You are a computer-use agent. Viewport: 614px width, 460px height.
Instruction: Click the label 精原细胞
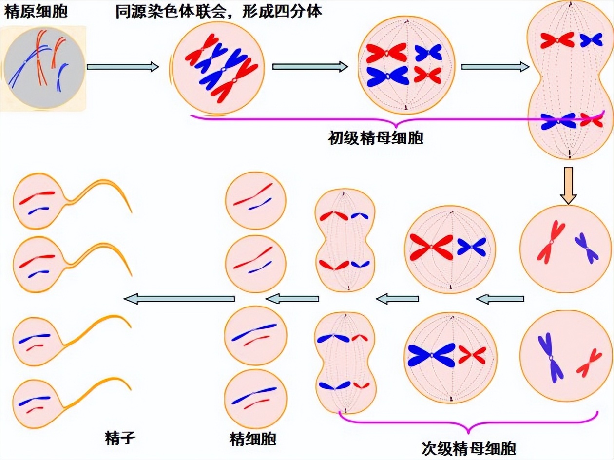(36, 12)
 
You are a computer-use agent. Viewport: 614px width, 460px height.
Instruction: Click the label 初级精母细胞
(376, 138)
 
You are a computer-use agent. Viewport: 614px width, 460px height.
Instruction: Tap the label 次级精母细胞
(468, 448)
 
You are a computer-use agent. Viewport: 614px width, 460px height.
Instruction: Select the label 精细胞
(252, 439)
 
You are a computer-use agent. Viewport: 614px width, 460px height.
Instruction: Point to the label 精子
(119, 439)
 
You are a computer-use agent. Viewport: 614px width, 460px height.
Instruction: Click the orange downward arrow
(568, 185)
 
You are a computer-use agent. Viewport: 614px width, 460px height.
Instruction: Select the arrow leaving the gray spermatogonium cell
(123, 67)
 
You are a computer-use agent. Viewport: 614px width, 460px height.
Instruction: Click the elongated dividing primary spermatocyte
(570, 80)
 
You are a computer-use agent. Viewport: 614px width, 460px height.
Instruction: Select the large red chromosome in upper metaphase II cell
(431, 247)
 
